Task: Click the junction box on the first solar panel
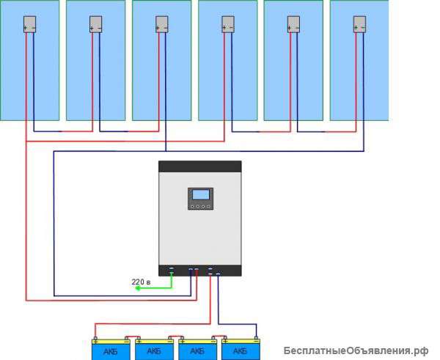click(29, 23)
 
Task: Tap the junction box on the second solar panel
click(95, 23)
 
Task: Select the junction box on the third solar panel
click(161, 23)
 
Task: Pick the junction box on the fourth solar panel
click(227, 23)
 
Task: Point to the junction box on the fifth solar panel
click(293, 23)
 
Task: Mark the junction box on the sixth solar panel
click(359, 23)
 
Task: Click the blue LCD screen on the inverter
click(200, 195)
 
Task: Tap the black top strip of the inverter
click(200, 166)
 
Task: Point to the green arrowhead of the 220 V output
click(137, 288)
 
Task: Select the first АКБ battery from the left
click(110, 350)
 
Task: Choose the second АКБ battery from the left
click(153, 350)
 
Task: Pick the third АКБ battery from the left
click(197, 350)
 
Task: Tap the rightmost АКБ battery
click(240, 350)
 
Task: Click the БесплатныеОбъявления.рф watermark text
click(355, 350)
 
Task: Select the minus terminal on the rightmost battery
click(254, 339)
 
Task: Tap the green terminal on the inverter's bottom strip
click(172, 269)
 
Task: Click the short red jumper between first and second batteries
click(132, 339)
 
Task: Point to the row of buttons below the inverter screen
click(200, 206)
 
